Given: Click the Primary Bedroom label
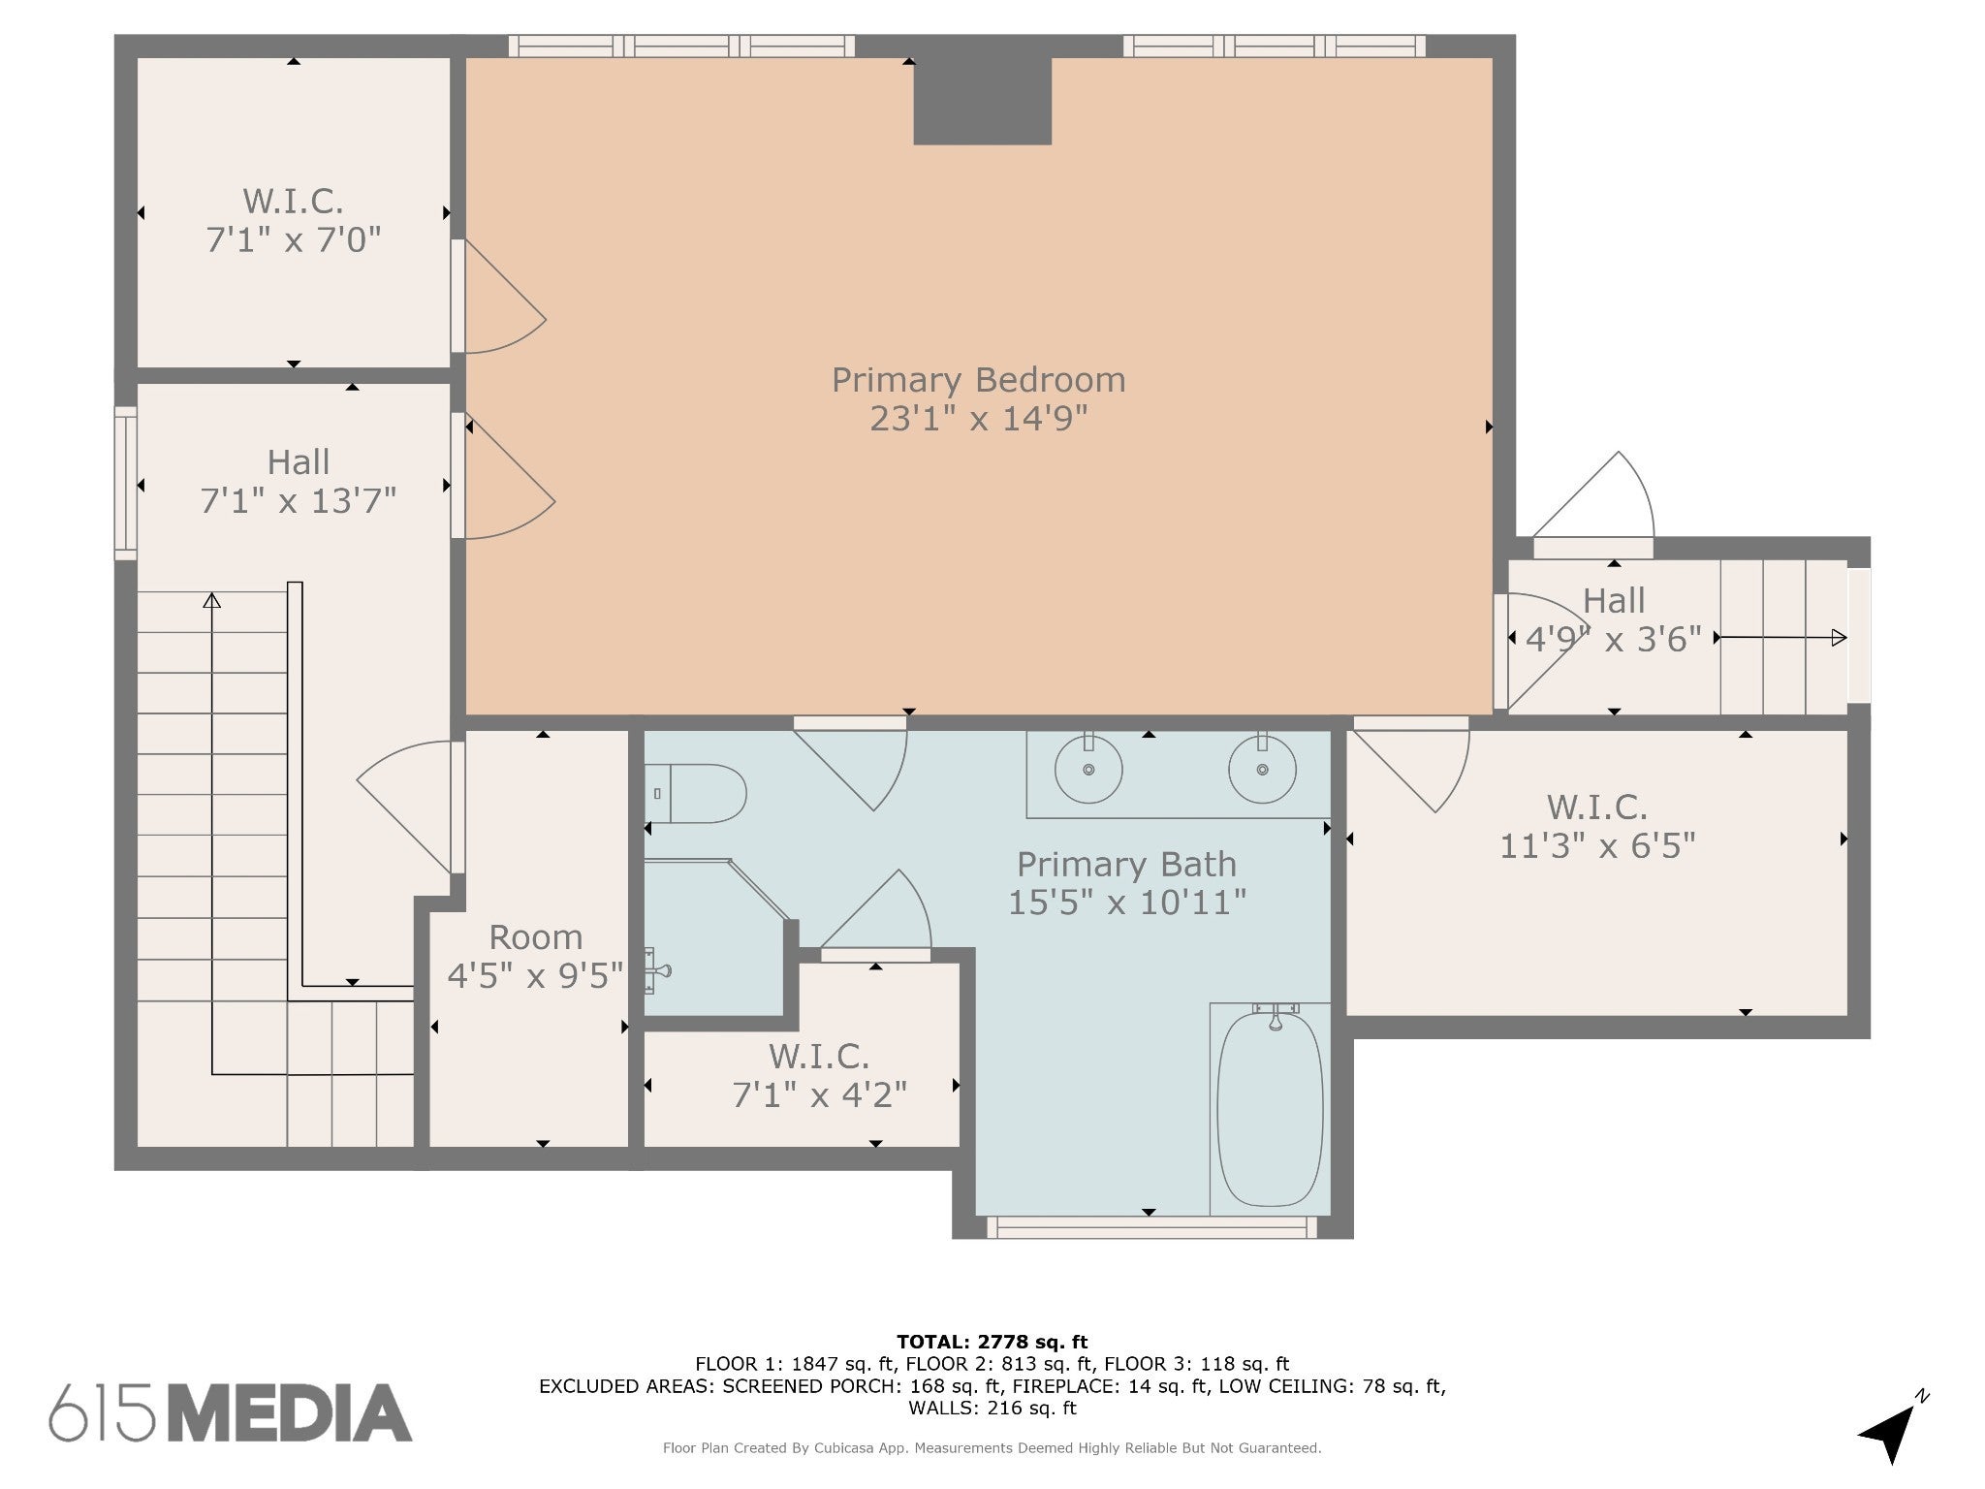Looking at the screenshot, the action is pos(979,379).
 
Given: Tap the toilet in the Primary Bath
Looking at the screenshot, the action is pos(695,793).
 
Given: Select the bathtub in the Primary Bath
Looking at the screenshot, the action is pos(1270,1111).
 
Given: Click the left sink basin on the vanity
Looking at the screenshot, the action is pos(1088,769).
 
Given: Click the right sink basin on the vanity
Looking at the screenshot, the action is pos(1262,769).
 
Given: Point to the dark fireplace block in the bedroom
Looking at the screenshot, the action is pos(983,101).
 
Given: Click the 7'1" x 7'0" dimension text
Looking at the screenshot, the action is pos(294,239).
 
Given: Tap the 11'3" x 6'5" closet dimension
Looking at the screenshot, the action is pos(1597,846).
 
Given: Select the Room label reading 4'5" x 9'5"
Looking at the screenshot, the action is pos(535,956).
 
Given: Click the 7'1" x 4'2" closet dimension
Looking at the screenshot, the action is pos(820,1094).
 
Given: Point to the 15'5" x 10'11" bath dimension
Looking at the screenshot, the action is pos(1127,903).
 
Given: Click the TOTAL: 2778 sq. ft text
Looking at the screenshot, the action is pos(992,1343).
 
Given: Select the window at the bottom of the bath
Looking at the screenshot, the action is pos(1152,1227).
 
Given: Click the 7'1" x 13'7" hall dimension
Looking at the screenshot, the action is pos(299,501).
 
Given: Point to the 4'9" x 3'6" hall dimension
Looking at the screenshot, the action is pos(1614,639).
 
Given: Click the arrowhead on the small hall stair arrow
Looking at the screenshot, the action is pos(1839,638).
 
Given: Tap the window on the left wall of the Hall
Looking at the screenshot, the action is pos(125,483).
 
